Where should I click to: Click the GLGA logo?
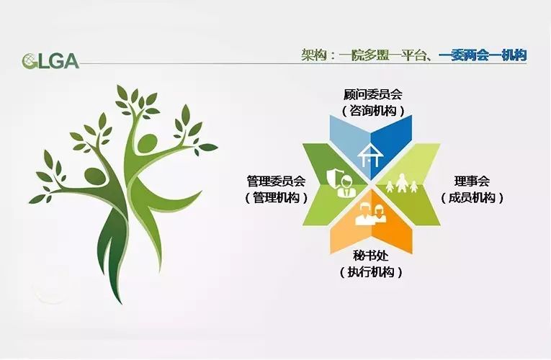pyautogui.click(x=50, y=61)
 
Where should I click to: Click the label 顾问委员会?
pyautogui.click(x=373, y=94)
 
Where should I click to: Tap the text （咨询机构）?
pyautogui.click(x=373, y=111)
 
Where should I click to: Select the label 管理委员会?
pyautogui.click(x=276, y=181)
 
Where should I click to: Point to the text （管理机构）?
pyautogui.click(x=276, y=198)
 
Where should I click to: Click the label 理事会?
pyautogui.click(x=472, y=181)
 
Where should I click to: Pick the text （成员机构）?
pyautogui.click(x=472, y=198)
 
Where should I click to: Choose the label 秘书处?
pyautogui.click(x=371, y=256)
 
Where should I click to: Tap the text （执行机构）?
pyautogui.click(x=371, y=272)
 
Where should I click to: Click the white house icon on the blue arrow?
pyautogui.click(x=369, y=156)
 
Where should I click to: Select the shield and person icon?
pyautogui.click(x=340, y=182)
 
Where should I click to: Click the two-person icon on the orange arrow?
pyautogui.click(x=371, y=215)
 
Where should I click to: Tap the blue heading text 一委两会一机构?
pyautogui.click(x=483, y=55)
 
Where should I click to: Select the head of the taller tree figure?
pyautogui.click(x=147, y=143)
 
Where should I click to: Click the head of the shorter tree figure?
pyautogui.click(x=96, y=176)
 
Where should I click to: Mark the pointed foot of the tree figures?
pyautogui.click(x=120, y=302)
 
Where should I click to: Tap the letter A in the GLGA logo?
pyautogui.click(x=71, y=61)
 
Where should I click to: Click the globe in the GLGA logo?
pyautogui.click(x=28, y=61)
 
